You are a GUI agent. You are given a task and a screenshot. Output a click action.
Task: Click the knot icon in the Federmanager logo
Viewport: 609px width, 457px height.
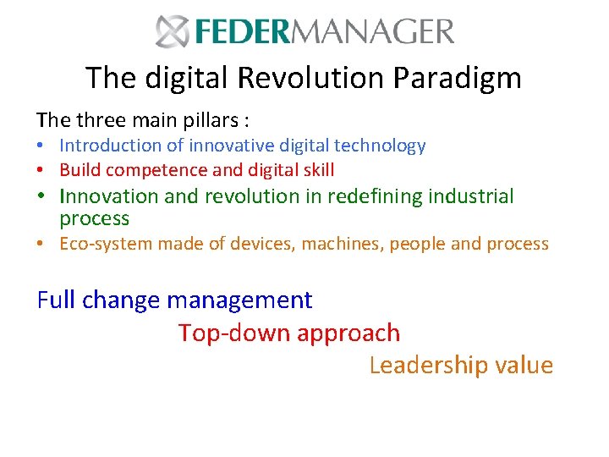click(x=173, y=31)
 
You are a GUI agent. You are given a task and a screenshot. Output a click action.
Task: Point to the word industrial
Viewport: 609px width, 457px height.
click(x=471, y=196)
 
